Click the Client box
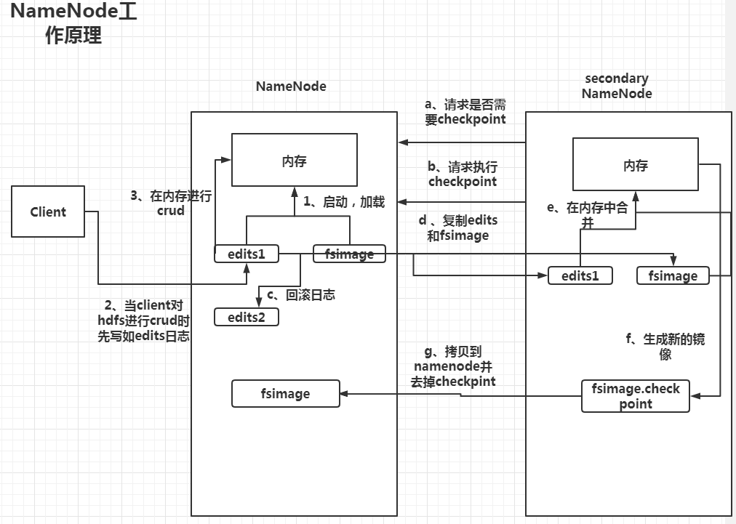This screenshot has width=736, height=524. tap(48, 212)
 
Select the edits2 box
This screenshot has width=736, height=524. tap(246, 317)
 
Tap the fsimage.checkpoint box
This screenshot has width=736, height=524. tap(636, 396)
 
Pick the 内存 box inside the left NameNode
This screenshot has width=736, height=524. tap(294, 161)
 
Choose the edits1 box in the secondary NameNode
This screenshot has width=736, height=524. tap(580, 275)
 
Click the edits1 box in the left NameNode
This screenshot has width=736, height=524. tap(246, 254)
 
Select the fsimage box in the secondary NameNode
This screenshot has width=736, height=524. tap(672, 275)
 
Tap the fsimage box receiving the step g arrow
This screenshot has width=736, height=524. tap(285, 393)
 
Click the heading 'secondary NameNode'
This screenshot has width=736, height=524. tap(616, 86)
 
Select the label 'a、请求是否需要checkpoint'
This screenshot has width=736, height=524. tap(465, 111)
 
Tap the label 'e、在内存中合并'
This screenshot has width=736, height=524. tap(586, 215)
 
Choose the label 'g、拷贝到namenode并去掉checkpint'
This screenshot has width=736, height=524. tap(452, 366)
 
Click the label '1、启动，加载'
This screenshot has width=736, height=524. tap(343, 202)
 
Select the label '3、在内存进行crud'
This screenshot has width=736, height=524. tap(171, 203)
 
